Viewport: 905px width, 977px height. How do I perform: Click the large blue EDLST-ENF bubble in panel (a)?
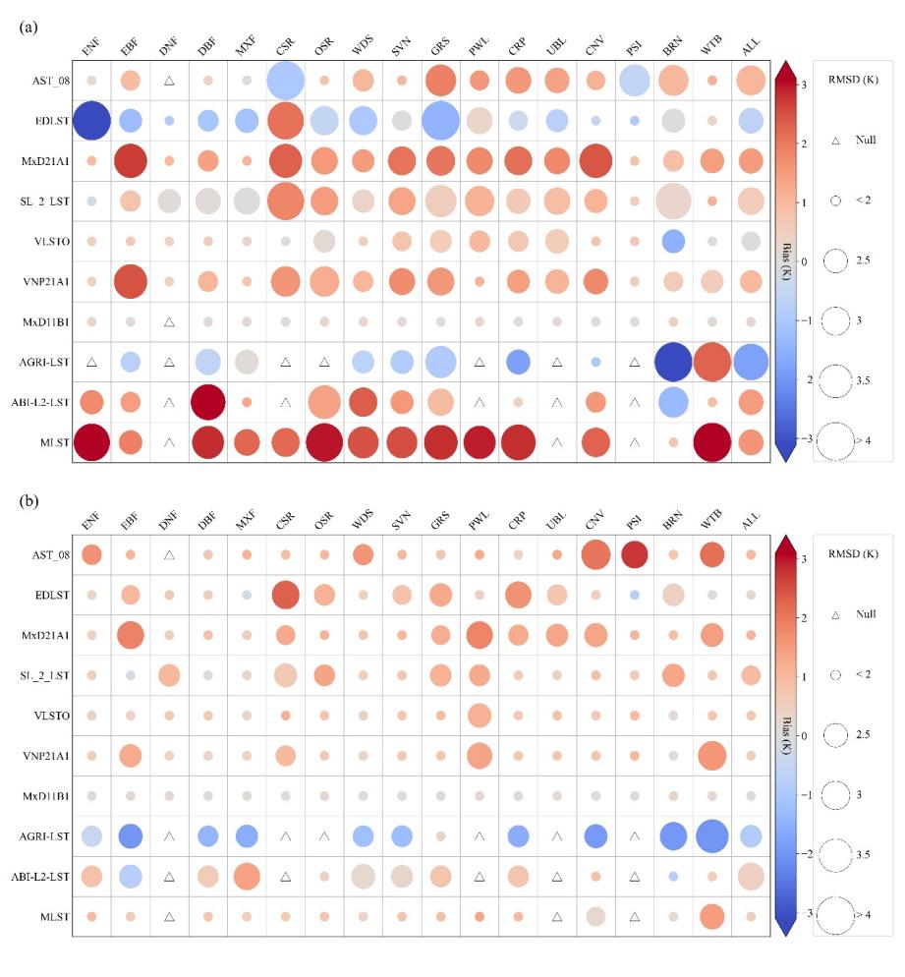click(90, 120)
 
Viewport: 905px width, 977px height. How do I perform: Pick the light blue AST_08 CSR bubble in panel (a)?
click(284, 80)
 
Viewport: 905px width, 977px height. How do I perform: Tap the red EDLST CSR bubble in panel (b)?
click(284, 595)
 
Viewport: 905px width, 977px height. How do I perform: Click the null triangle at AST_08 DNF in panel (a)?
click(168, 81)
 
